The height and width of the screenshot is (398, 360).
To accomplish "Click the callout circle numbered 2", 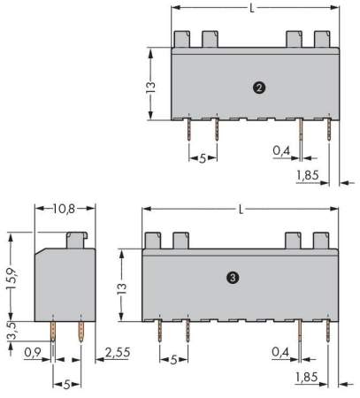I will click(x=257, y=87).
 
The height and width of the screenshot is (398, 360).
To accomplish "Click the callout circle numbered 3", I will click(x=232, y=277).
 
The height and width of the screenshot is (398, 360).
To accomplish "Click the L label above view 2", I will click(x=252, y=9).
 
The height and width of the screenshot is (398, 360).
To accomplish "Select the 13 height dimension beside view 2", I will click(x=151, y=85).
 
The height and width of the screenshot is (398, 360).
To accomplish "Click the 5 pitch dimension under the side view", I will click(x=67, y=384).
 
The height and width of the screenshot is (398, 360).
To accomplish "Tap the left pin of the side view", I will click(x=53, y=333).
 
